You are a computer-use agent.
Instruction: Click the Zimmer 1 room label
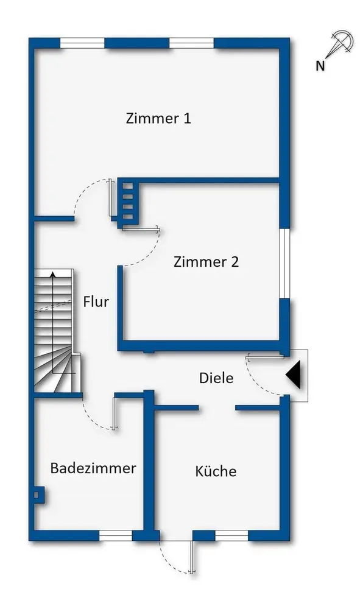[x=158, y=118]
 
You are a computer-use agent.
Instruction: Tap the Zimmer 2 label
[x=206, y=262]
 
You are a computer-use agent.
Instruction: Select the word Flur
[x=96, y=302]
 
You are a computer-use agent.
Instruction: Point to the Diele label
[x=216, y=378]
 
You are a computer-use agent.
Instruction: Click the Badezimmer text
[x=93, y=468]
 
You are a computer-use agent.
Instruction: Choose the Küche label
[x=216, y=471]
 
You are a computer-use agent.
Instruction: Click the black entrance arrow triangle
[x=294, y=375]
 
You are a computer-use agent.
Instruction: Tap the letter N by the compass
[x=320, y=66]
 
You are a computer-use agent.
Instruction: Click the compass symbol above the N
[x=341, y=44]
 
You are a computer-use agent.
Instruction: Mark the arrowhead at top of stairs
[x=53, y=275]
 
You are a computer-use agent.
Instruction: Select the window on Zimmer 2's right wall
[x=284, y=263]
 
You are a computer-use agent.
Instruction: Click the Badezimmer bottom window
[x=116, y=536]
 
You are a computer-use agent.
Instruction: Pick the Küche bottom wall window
[x=231, y=536]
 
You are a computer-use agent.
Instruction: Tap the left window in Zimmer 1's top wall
[x=82, y=43]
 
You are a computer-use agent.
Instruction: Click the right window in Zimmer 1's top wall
[x=191, y=43]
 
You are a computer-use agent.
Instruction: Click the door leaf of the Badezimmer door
[x=113, y=413]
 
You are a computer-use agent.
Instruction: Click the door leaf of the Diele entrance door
[x=265, y=356]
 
